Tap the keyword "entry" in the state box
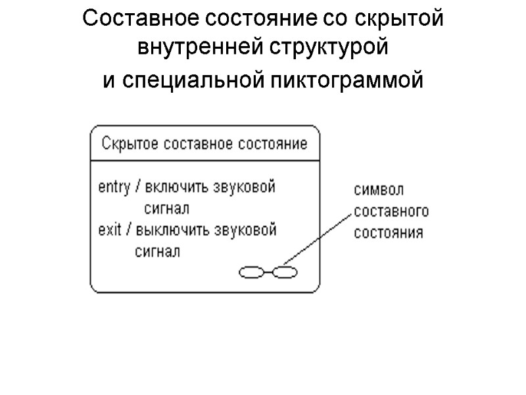tap(114, 186)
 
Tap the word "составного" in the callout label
tap(391, 211)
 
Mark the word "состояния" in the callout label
tap(389, 232)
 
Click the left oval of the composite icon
tap(250, 271)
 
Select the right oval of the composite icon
tap(285, 271)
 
